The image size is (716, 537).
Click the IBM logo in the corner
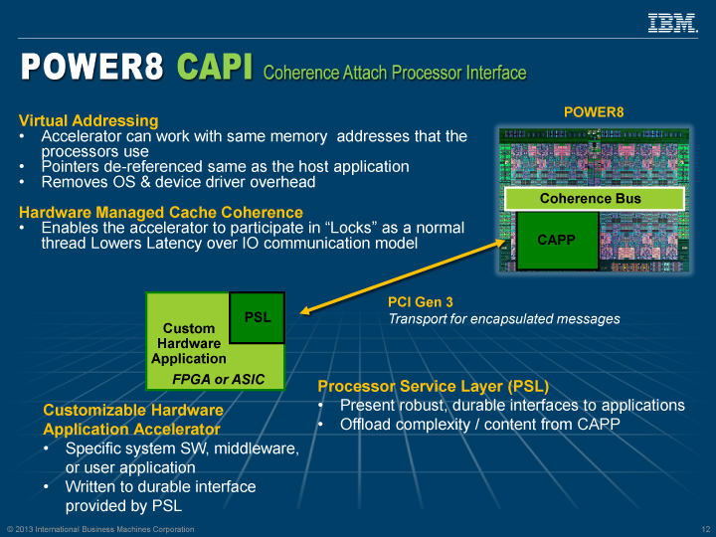[x=672, y=22]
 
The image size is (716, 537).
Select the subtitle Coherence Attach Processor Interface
[x=395, y=73]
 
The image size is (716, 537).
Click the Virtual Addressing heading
[x=89, y=120]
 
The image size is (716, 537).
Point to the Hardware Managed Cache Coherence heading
[x=161, y=212]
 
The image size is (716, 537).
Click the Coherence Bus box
[x=590, y=198]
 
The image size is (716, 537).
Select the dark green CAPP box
[x=556, y=240]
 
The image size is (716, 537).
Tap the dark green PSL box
[x=258, y=317]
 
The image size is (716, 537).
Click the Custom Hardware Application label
[x=189, y=343]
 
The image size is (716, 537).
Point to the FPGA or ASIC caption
[x=219, y=379]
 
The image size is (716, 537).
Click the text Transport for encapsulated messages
[x=503, y=319]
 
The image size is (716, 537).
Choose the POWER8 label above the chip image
[x=594, y=112]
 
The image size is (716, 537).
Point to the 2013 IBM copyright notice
[x=99, y=527]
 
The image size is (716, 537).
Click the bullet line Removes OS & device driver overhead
[x=178, y=182]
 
